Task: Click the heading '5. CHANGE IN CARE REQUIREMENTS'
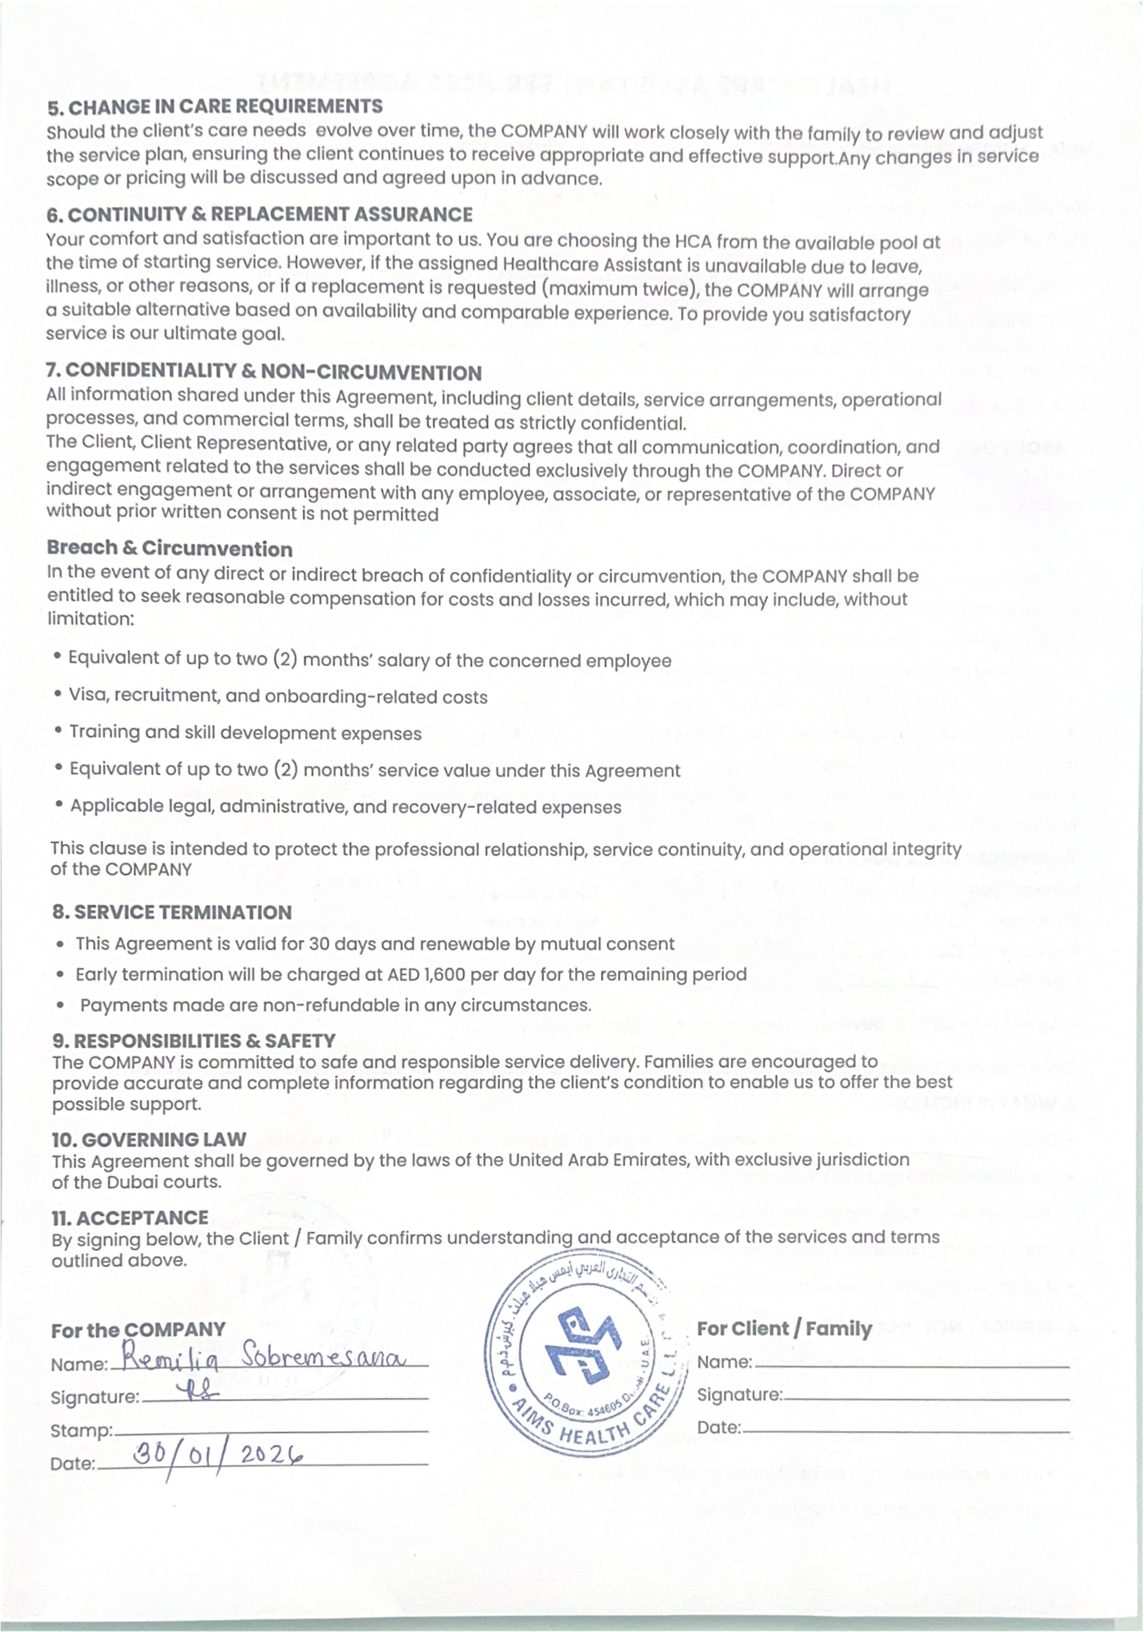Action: [215, 107]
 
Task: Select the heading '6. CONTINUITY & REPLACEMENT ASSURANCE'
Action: [259, 215]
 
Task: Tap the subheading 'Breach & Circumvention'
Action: [170, 549]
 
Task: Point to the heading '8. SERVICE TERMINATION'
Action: [172, 913]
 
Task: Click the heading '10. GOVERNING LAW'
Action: [149, 1140]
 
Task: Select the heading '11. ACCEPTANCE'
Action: [130, 1218]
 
